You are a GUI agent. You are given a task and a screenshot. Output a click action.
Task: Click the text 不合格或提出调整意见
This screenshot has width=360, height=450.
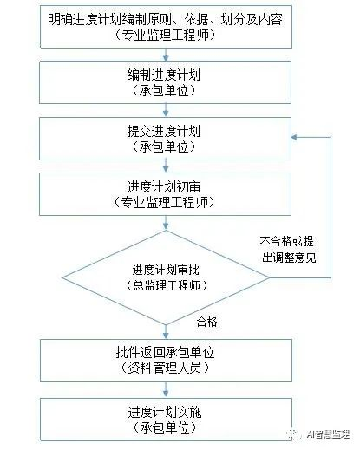click(x=289, y=249)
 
